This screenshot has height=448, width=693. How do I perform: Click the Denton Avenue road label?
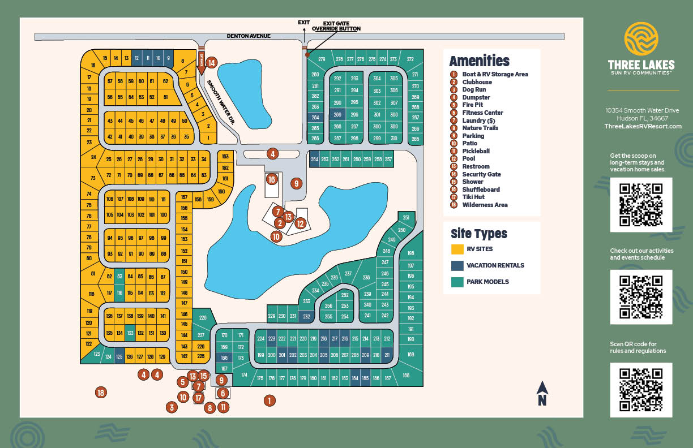click(x=249, y=36)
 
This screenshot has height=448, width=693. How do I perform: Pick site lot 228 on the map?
click(x=203, y=318)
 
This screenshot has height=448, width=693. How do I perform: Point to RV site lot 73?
click(x=93, y=178)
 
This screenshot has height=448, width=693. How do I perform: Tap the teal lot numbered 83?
click(x=119, y=276)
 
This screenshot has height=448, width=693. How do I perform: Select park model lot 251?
click(x=406, y=218)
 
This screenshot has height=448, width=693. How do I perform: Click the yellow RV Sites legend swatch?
click(x=456, y=249)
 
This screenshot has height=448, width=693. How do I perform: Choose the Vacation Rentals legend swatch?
click(x=456, y=265)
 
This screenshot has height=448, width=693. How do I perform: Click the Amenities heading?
click(x=479, y=61)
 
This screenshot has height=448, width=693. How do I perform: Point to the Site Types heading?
click(x=478, y=234)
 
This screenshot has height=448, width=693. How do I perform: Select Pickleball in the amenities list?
click(x=476, y=151)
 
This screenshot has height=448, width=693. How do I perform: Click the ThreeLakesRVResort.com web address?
click(x=643, y=126)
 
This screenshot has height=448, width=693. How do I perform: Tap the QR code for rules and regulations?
click(x=641, y=389)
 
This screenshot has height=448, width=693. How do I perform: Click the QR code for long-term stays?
click(x=641, y=204)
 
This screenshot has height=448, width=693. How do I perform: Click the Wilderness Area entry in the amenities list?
click(x=485, y=205)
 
